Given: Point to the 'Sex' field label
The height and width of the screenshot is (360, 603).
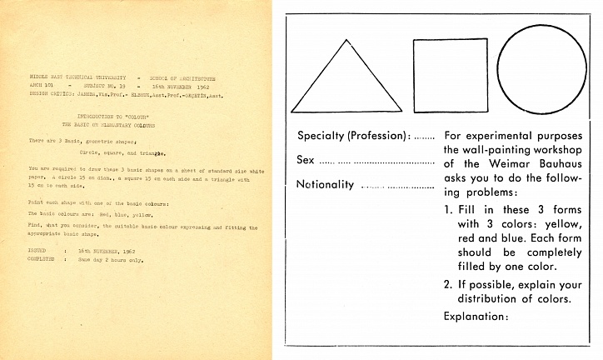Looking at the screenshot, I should [x=306, y=160].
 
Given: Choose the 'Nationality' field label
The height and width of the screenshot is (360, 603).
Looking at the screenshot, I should [x=326, y=184].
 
